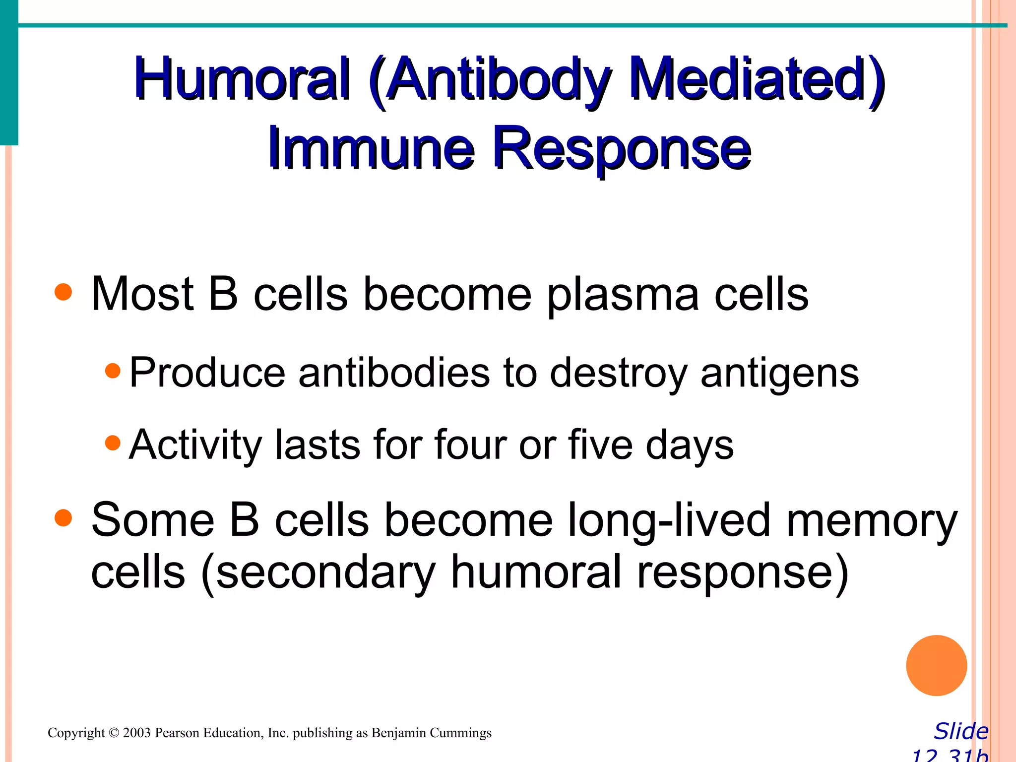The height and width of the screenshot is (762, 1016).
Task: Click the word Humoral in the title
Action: click(242, 79)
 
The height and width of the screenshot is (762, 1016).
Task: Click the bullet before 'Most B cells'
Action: click(63, 292)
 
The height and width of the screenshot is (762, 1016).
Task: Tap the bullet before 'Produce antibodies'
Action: click(113, 371)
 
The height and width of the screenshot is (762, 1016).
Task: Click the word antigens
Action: click(779, 373)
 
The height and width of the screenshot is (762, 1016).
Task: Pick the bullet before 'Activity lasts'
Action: click(113, 443)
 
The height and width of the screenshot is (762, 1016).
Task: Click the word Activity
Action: click(195, 445)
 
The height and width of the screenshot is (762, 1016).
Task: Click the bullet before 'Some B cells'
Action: click(63, 518)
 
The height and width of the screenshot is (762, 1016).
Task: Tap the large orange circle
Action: click(936, 665)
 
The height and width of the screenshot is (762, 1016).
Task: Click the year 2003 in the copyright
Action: click(136, 733)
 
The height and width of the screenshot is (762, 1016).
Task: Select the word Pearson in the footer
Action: click(177, 733)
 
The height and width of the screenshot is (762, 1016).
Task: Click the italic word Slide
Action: click(961, 731)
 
